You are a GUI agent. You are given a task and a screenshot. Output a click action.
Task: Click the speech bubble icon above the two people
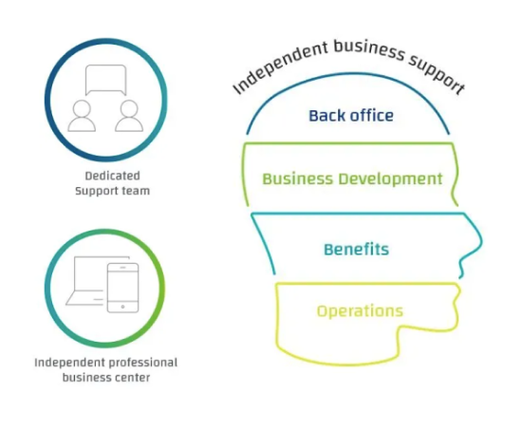point(105,80)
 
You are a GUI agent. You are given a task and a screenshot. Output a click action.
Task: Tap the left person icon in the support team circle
point(82,116)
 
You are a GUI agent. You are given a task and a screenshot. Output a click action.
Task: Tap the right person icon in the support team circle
point(129,116)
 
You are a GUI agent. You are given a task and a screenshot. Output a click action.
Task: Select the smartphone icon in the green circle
point(122,288)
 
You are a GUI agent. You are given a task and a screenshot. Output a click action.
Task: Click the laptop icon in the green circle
point(87,281)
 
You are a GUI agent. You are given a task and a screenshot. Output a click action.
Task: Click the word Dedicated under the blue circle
point(112,176)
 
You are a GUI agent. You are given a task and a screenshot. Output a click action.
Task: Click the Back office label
point(351,116)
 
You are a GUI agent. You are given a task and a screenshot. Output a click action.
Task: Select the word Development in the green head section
point(390,179)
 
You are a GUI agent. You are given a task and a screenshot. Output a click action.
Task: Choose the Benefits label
point(356,250)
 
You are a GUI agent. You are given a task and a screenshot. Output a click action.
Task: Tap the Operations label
point(360,311)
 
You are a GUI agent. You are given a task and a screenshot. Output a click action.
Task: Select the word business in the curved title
point(369,50)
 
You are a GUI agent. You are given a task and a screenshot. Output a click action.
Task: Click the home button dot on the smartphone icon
point(122,307)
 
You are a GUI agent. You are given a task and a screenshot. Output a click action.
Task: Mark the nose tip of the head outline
point(481,240)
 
